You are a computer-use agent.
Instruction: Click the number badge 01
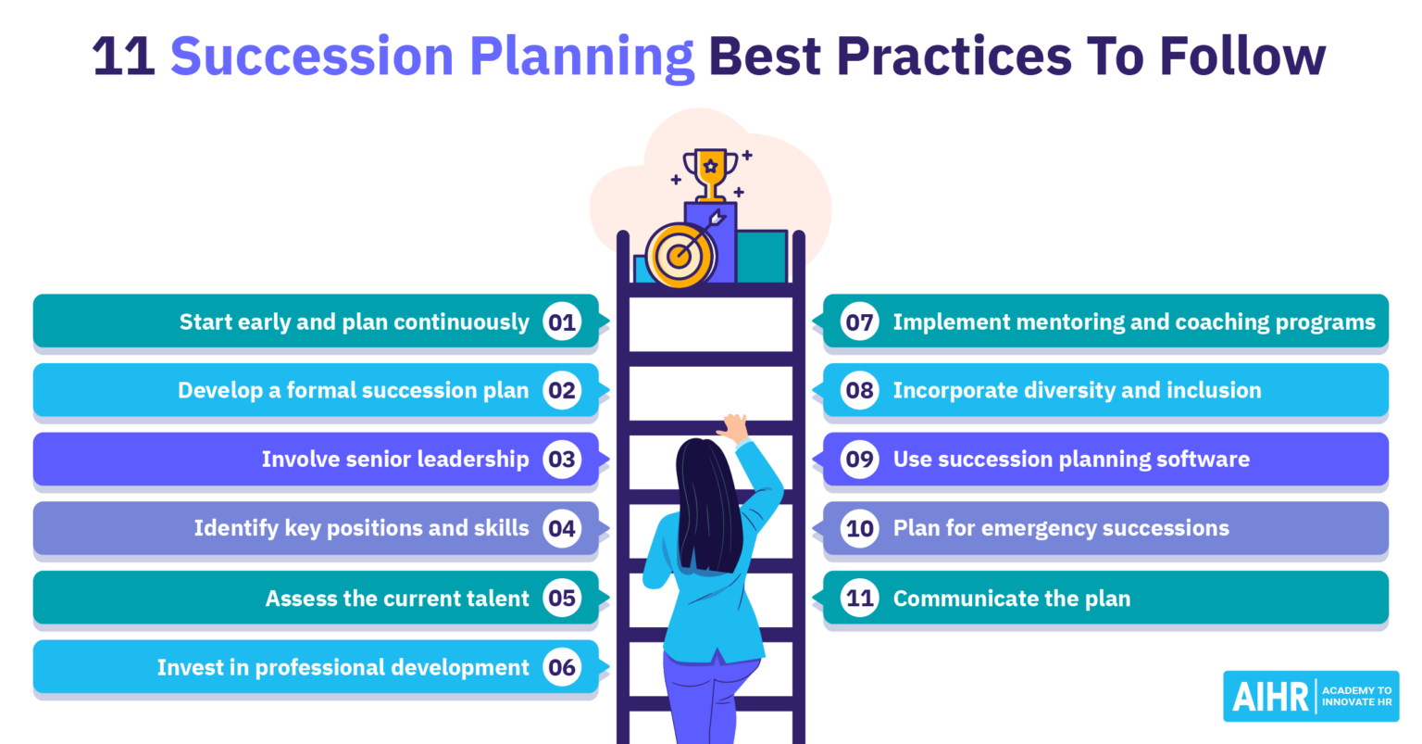click(562, 322)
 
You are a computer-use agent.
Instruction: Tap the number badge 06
click(562, 667)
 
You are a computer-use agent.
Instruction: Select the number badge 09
click(860, 460)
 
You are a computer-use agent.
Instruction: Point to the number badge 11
click(860, 599)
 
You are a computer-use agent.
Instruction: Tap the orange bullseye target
click(680, 255)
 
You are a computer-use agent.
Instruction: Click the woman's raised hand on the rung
click(735, 428)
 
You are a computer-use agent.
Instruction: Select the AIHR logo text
click(1271, 697)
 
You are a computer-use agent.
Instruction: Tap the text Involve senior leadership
click(395, 460)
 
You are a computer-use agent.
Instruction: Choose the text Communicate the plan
click(1012, 599)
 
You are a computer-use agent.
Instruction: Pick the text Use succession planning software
click(1071, 460)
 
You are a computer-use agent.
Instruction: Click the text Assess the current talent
click(397, 599)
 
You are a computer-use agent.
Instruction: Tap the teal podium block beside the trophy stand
click(762, 257)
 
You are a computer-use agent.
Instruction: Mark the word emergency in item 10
click(1038, 528)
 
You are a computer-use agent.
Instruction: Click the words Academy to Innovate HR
click(1356, 697)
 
